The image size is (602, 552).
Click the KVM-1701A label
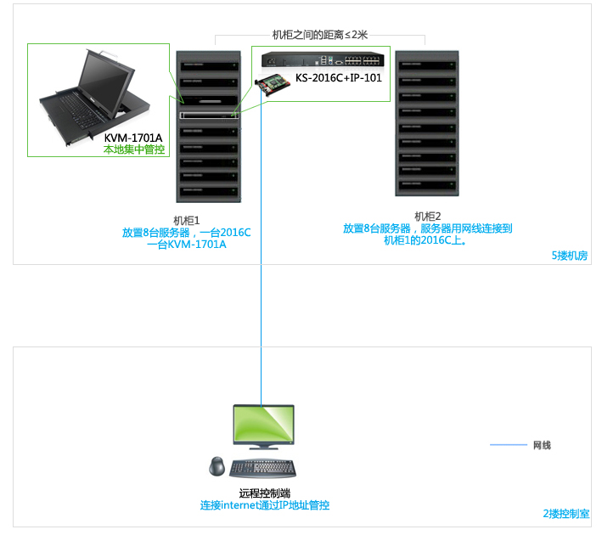[133, 138]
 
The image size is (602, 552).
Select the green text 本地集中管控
[133, 149]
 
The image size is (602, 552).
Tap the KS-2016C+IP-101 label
[339, 78]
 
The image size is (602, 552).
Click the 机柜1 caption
[186, 220]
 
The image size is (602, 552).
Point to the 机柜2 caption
[427, 217]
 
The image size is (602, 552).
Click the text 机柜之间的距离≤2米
[319, 34]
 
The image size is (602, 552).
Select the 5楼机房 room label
[570, 256]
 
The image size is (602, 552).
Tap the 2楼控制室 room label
[565, 514]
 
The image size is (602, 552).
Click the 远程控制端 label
[264, 493]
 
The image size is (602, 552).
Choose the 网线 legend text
[542, 445]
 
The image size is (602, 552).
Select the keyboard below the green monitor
[262, 468]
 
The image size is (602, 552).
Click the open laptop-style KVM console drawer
[97, 93]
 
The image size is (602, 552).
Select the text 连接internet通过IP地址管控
[264, 505]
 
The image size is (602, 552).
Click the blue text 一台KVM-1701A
[186, 245]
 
